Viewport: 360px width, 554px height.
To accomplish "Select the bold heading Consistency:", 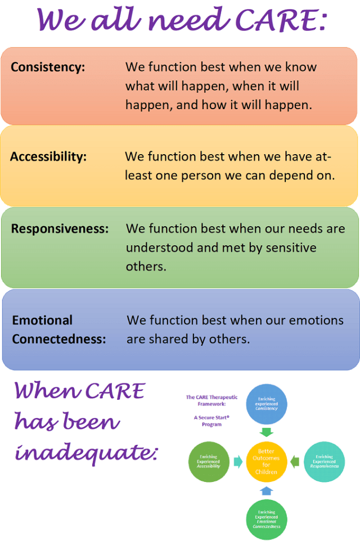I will coord(48,67).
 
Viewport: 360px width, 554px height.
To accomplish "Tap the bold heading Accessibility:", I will coord(48,156).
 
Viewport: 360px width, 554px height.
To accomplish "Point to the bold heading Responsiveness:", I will coord(60,229).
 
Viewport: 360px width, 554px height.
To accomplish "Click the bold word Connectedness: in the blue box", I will coord(59,339).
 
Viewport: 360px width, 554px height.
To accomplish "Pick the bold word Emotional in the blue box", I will coord(42,321).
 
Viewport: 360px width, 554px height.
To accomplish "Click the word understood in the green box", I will coord(158,247).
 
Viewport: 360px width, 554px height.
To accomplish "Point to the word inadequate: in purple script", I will coord(86,451).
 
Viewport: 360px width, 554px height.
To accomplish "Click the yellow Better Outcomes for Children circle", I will coord(267,461).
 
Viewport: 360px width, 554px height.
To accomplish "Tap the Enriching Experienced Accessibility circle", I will coord(209,462).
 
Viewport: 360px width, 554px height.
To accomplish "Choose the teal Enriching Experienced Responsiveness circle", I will coord(324,462).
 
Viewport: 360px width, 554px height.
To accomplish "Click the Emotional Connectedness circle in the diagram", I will coord(267,519).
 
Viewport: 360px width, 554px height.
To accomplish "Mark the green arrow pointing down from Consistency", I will coord(267,432).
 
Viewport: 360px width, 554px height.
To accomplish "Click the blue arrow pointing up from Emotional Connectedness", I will coord(267,491).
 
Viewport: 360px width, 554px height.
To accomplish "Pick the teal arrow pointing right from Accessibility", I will coord(237,462).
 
